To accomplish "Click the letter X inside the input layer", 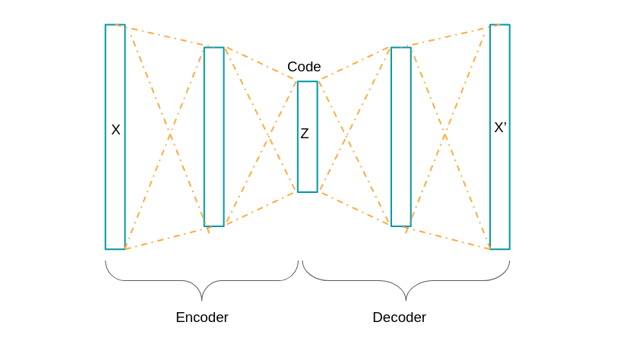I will [115, 130].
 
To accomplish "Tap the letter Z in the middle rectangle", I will [305, 134].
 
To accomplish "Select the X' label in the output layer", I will [500, 128].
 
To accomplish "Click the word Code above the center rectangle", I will [304, 67].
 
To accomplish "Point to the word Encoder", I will [201, 317].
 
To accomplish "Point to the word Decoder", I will [399, 317].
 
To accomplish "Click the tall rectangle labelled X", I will [115, 190].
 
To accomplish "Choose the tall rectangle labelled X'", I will [500, 190].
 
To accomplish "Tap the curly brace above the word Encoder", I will [201, 281].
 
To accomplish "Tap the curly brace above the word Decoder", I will [406, 281].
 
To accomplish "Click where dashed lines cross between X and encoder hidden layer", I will [169, 135].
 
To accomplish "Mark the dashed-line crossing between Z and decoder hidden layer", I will [348, 137].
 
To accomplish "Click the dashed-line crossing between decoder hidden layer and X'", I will [446, 135].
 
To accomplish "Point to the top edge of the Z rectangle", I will [307, 81].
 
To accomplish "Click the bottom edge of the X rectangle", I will [115, 249].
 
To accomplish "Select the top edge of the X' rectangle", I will [500, 24].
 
